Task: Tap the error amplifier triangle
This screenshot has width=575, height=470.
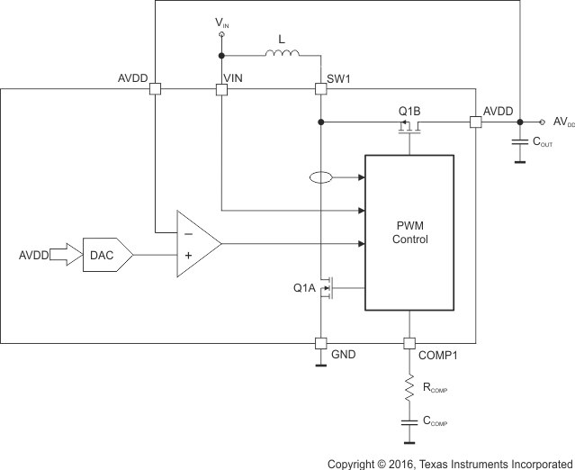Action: pos(197,244)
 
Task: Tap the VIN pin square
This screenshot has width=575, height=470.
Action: pos(221,89)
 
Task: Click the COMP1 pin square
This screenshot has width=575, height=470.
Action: pos(409,343)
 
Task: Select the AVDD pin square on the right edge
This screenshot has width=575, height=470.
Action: pos(474,122)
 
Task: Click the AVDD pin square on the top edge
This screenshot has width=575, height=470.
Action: pos(155,89)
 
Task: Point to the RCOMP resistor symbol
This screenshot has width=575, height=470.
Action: pos(409,388)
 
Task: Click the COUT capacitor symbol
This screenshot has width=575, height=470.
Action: pos(519,142)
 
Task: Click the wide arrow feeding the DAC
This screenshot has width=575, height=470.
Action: pos(63,255)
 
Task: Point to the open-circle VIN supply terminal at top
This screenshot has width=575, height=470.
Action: pos(221,34)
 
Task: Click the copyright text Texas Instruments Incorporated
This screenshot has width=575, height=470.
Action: pos(450,463)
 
